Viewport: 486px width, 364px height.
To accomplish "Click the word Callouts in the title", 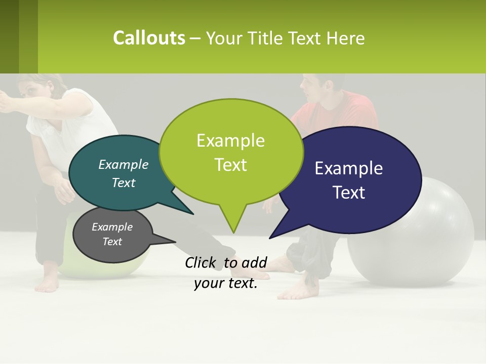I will [149, 38].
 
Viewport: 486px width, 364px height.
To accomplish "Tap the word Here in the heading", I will [345, 38].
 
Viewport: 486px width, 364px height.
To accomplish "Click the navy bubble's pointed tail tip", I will [270, 238].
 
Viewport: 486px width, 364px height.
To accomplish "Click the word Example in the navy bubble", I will [348, 168].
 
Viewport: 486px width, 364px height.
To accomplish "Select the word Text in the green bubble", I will [231, 165].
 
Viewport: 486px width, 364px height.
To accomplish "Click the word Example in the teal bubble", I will [124, 164].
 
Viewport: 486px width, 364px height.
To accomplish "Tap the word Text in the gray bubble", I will [112, 242].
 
